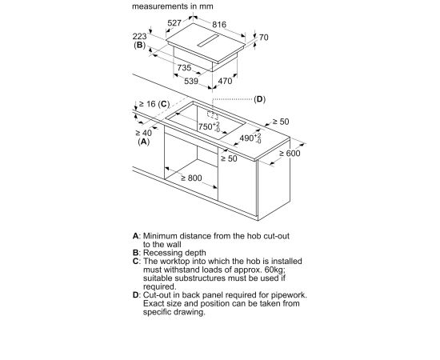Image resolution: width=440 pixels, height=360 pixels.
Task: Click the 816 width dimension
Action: [x=219, y=25]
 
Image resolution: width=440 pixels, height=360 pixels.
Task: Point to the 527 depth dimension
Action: [x=174, y=22]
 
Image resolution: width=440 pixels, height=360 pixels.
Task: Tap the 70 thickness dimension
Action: [x=263, y=38]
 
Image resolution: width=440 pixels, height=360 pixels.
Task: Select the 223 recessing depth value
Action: [x=139, y=36]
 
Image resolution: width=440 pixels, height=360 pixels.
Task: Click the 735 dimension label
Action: [x=184, y=68]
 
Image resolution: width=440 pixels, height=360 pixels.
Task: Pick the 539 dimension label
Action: [x=191, y=81]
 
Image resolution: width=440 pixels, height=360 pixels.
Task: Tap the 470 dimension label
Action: [x=225, y=81]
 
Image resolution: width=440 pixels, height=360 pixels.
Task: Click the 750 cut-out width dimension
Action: [x=209, y=126]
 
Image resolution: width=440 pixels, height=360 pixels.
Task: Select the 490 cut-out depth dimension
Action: [x=250, y=138]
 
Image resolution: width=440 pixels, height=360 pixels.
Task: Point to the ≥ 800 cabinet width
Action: [x=191, y=178]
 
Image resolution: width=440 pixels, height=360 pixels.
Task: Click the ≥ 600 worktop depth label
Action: [x=290, y=154]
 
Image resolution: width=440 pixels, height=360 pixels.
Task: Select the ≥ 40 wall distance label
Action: [x=144, y=133]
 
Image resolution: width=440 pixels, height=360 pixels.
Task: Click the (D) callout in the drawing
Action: [x=259, y=99]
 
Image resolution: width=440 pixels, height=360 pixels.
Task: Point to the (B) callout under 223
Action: [x=140, y=45]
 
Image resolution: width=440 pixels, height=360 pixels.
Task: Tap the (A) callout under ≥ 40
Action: [x=144, y=142]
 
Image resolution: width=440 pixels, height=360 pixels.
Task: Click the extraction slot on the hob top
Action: [x=208, y=41]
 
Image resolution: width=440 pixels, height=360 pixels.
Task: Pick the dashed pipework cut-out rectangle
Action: [x=213, y=114]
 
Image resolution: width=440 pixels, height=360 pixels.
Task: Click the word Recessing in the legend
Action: [x=163, y=253]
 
